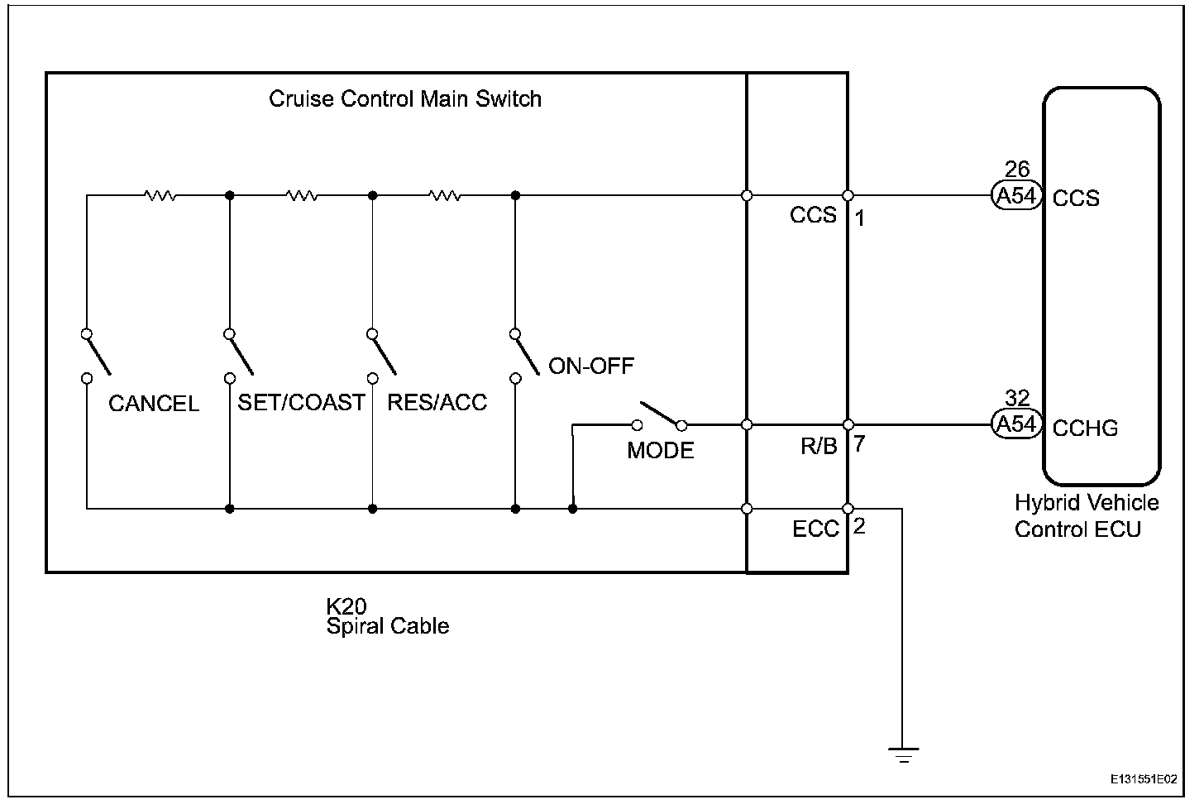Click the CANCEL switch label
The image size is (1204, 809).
click(x=154, y=404)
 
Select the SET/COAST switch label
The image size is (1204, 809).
click(x=301, y=403)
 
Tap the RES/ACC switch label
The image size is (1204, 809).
click(x=437, y=403)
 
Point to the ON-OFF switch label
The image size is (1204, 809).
click(x=591, y=366)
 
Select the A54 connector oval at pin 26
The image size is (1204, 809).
click(x=1016, y=197)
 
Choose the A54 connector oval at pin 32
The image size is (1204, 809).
click(x=1016, y=424)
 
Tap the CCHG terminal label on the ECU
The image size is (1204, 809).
click(x=1085, y=428)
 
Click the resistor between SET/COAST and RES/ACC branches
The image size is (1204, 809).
click(x=302, y=196)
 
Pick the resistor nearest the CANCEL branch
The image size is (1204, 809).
click(x=160, y=196)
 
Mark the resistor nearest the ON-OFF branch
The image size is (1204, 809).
click(x=445, y=196)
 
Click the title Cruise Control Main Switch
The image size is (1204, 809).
click(x=405, y=99)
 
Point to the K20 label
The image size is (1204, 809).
click(x=346, y=606)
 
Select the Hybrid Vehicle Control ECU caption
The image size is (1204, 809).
click(x=1086, y=515)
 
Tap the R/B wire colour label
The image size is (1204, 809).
click(x=819, y=447)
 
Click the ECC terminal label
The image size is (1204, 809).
click(x=815, y=529)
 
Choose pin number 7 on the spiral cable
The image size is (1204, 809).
click(x=860, y=444)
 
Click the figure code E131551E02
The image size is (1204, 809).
click(x=1144, y=779)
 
